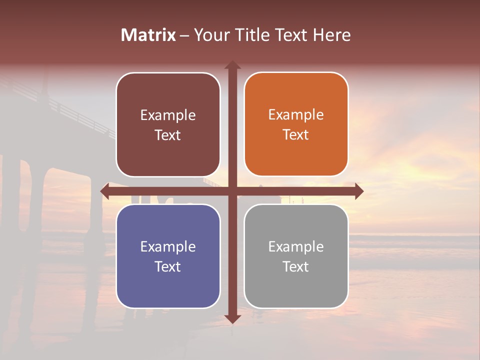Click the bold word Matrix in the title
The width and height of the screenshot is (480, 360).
148,35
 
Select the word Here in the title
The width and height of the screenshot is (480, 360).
332,35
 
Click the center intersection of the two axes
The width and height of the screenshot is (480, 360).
232,191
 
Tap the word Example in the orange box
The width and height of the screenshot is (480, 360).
296,115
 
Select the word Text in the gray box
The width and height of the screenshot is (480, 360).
296,266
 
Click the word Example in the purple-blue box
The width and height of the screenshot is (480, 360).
168,246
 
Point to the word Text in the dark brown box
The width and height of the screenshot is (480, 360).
168,135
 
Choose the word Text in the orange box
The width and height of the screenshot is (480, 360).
296,135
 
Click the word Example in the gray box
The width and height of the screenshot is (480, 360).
296,246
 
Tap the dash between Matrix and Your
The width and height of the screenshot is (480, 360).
184,35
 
